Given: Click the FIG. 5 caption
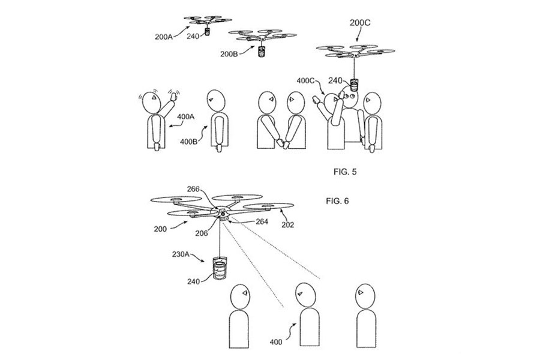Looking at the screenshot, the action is [x=345, y=172].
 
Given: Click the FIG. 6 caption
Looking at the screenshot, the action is [x=337, y=201].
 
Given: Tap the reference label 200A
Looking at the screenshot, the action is [x=163, y=37].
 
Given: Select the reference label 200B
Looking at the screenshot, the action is [x=229, y=54].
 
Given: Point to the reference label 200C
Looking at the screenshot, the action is [x=360, y=23].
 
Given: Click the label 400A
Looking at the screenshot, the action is [x=185, y=117].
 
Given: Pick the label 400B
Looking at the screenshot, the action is [x=188, y=141].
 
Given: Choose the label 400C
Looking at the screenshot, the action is [x=306, y=81].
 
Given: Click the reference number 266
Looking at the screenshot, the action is [x=193, y=189].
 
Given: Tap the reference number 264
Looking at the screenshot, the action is [x=262, y=221].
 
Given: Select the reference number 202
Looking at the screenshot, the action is [x=287, y=225].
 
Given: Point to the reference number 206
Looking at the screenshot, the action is [x=202, y=233].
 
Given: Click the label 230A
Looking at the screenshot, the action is [x=181, y=254].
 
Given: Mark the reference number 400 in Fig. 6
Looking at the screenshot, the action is [x=276, y=342].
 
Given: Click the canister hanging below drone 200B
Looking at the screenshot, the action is [x=262, y=52].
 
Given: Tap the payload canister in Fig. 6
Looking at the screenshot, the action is [x=218, y=268].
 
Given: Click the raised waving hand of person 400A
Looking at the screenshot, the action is [x=174, y=96].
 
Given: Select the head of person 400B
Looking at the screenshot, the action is [x=216, y=101].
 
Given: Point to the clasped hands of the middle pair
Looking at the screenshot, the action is [x=283, y=143].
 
